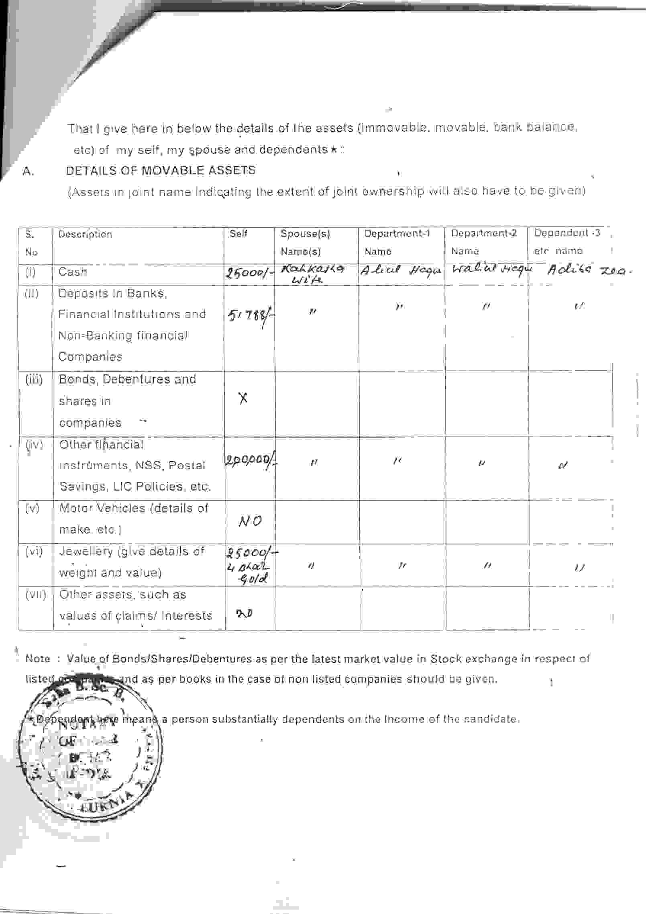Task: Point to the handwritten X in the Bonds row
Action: coord(243,398)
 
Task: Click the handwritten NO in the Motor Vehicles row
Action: coord(250,521)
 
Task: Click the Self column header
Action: coord(238,233)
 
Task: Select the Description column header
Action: coord(85,234)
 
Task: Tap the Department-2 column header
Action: coord(484,233)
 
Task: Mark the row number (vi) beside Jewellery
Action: coord(34,552)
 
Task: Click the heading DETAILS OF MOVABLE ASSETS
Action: coord(161,170)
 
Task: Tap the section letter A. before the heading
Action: coord(28,172)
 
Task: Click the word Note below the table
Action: coord(38,659)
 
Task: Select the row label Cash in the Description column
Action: coord(72,272)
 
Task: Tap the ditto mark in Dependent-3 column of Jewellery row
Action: coord(579,568)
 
